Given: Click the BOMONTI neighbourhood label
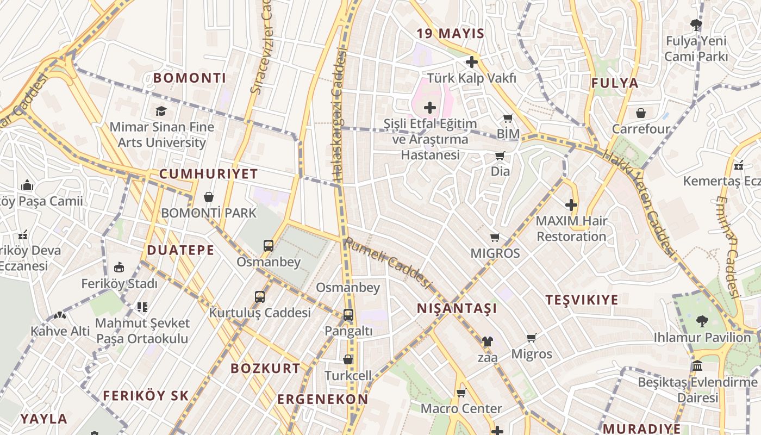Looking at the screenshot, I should [189, 78].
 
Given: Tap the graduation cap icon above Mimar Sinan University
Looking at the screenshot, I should [161, 111].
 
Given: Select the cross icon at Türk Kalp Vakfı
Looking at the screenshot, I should [471, 62].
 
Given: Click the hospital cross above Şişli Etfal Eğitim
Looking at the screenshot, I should [430, 108].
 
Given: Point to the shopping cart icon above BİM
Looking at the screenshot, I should [508, 118].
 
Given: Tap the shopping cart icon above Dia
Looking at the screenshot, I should [500, 156].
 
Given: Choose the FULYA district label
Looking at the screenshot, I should [615, 83].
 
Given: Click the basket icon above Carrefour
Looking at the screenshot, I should [641, 113].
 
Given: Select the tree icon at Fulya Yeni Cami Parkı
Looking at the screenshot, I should [696, 24].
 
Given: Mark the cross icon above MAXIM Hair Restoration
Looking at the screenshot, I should [571, 205].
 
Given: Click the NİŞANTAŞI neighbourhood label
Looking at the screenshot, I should [457, 309].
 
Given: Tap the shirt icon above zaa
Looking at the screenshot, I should [487, 341].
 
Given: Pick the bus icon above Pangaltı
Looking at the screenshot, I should [348, 315].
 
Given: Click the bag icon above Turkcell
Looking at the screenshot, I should [348, 359].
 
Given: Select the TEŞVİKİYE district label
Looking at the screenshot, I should [582, 300].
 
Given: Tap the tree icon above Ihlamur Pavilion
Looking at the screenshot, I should [702, 321].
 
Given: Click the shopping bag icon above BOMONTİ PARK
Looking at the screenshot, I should [208, 197].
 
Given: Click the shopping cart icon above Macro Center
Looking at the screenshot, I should [461, 393].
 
